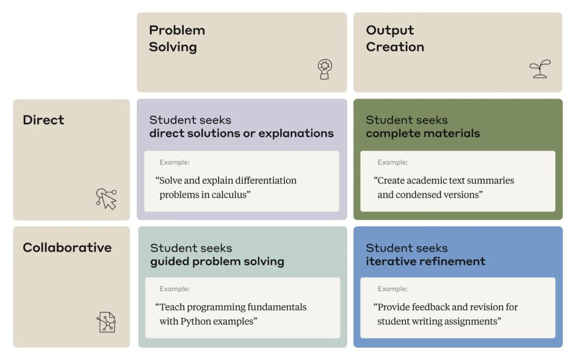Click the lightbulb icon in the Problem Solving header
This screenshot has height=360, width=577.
click(x=325, y=69)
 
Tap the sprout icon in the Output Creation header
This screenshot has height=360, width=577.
click(x=540, y=69)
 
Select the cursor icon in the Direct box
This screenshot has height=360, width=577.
click(x=106, y=199)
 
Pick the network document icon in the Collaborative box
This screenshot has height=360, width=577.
click(x=106, y=322)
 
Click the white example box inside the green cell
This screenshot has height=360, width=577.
click(x=458, y=181)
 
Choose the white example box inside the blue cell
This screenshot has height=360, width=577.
click(x=458, y=308)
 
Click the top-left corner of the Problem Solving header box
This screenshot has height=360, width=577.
click(x=137, y=12)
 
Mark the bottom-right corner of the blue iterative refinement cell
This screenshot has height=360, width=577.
click(x=563, y=348)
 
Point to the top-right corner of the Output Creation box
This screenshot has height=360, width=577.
click(x=562, y=12)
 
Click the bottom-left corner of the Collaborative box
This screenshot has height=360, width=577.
click(x=14, y=348)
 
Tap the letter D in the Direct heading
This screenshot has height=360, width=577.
click(x=27, y=120)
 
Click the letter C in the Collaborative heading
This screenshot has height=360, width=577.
click(x=28, y=247)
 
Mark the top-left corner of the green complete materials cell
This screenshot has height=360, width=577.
click(x=354, y=99)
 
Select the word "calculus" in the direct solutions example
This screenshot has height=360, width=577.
click(x=230, y=194)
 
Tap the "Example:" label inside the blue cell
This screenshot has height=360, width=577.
click(x=392, y=289)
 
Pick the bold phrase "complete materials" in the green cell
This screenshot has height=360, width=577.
click(x=423, y=134)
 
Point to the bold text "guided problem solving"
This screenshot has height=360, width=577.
click(x=217, y=261)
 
